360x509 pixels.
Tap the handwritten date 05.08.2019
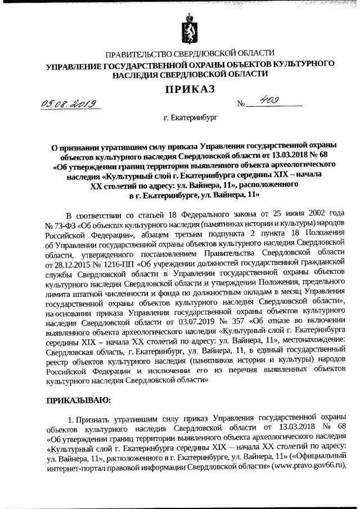pyautogui.click(x=75, y=102)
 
